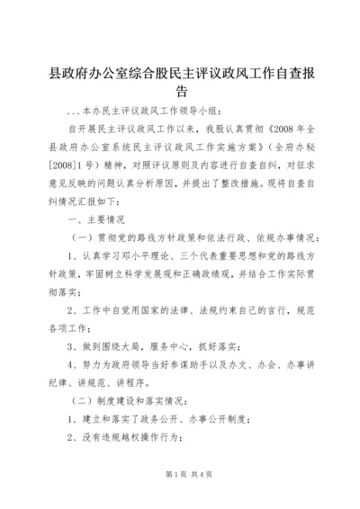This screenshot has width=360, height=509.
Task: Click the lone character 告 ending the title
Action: point(180,91)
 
